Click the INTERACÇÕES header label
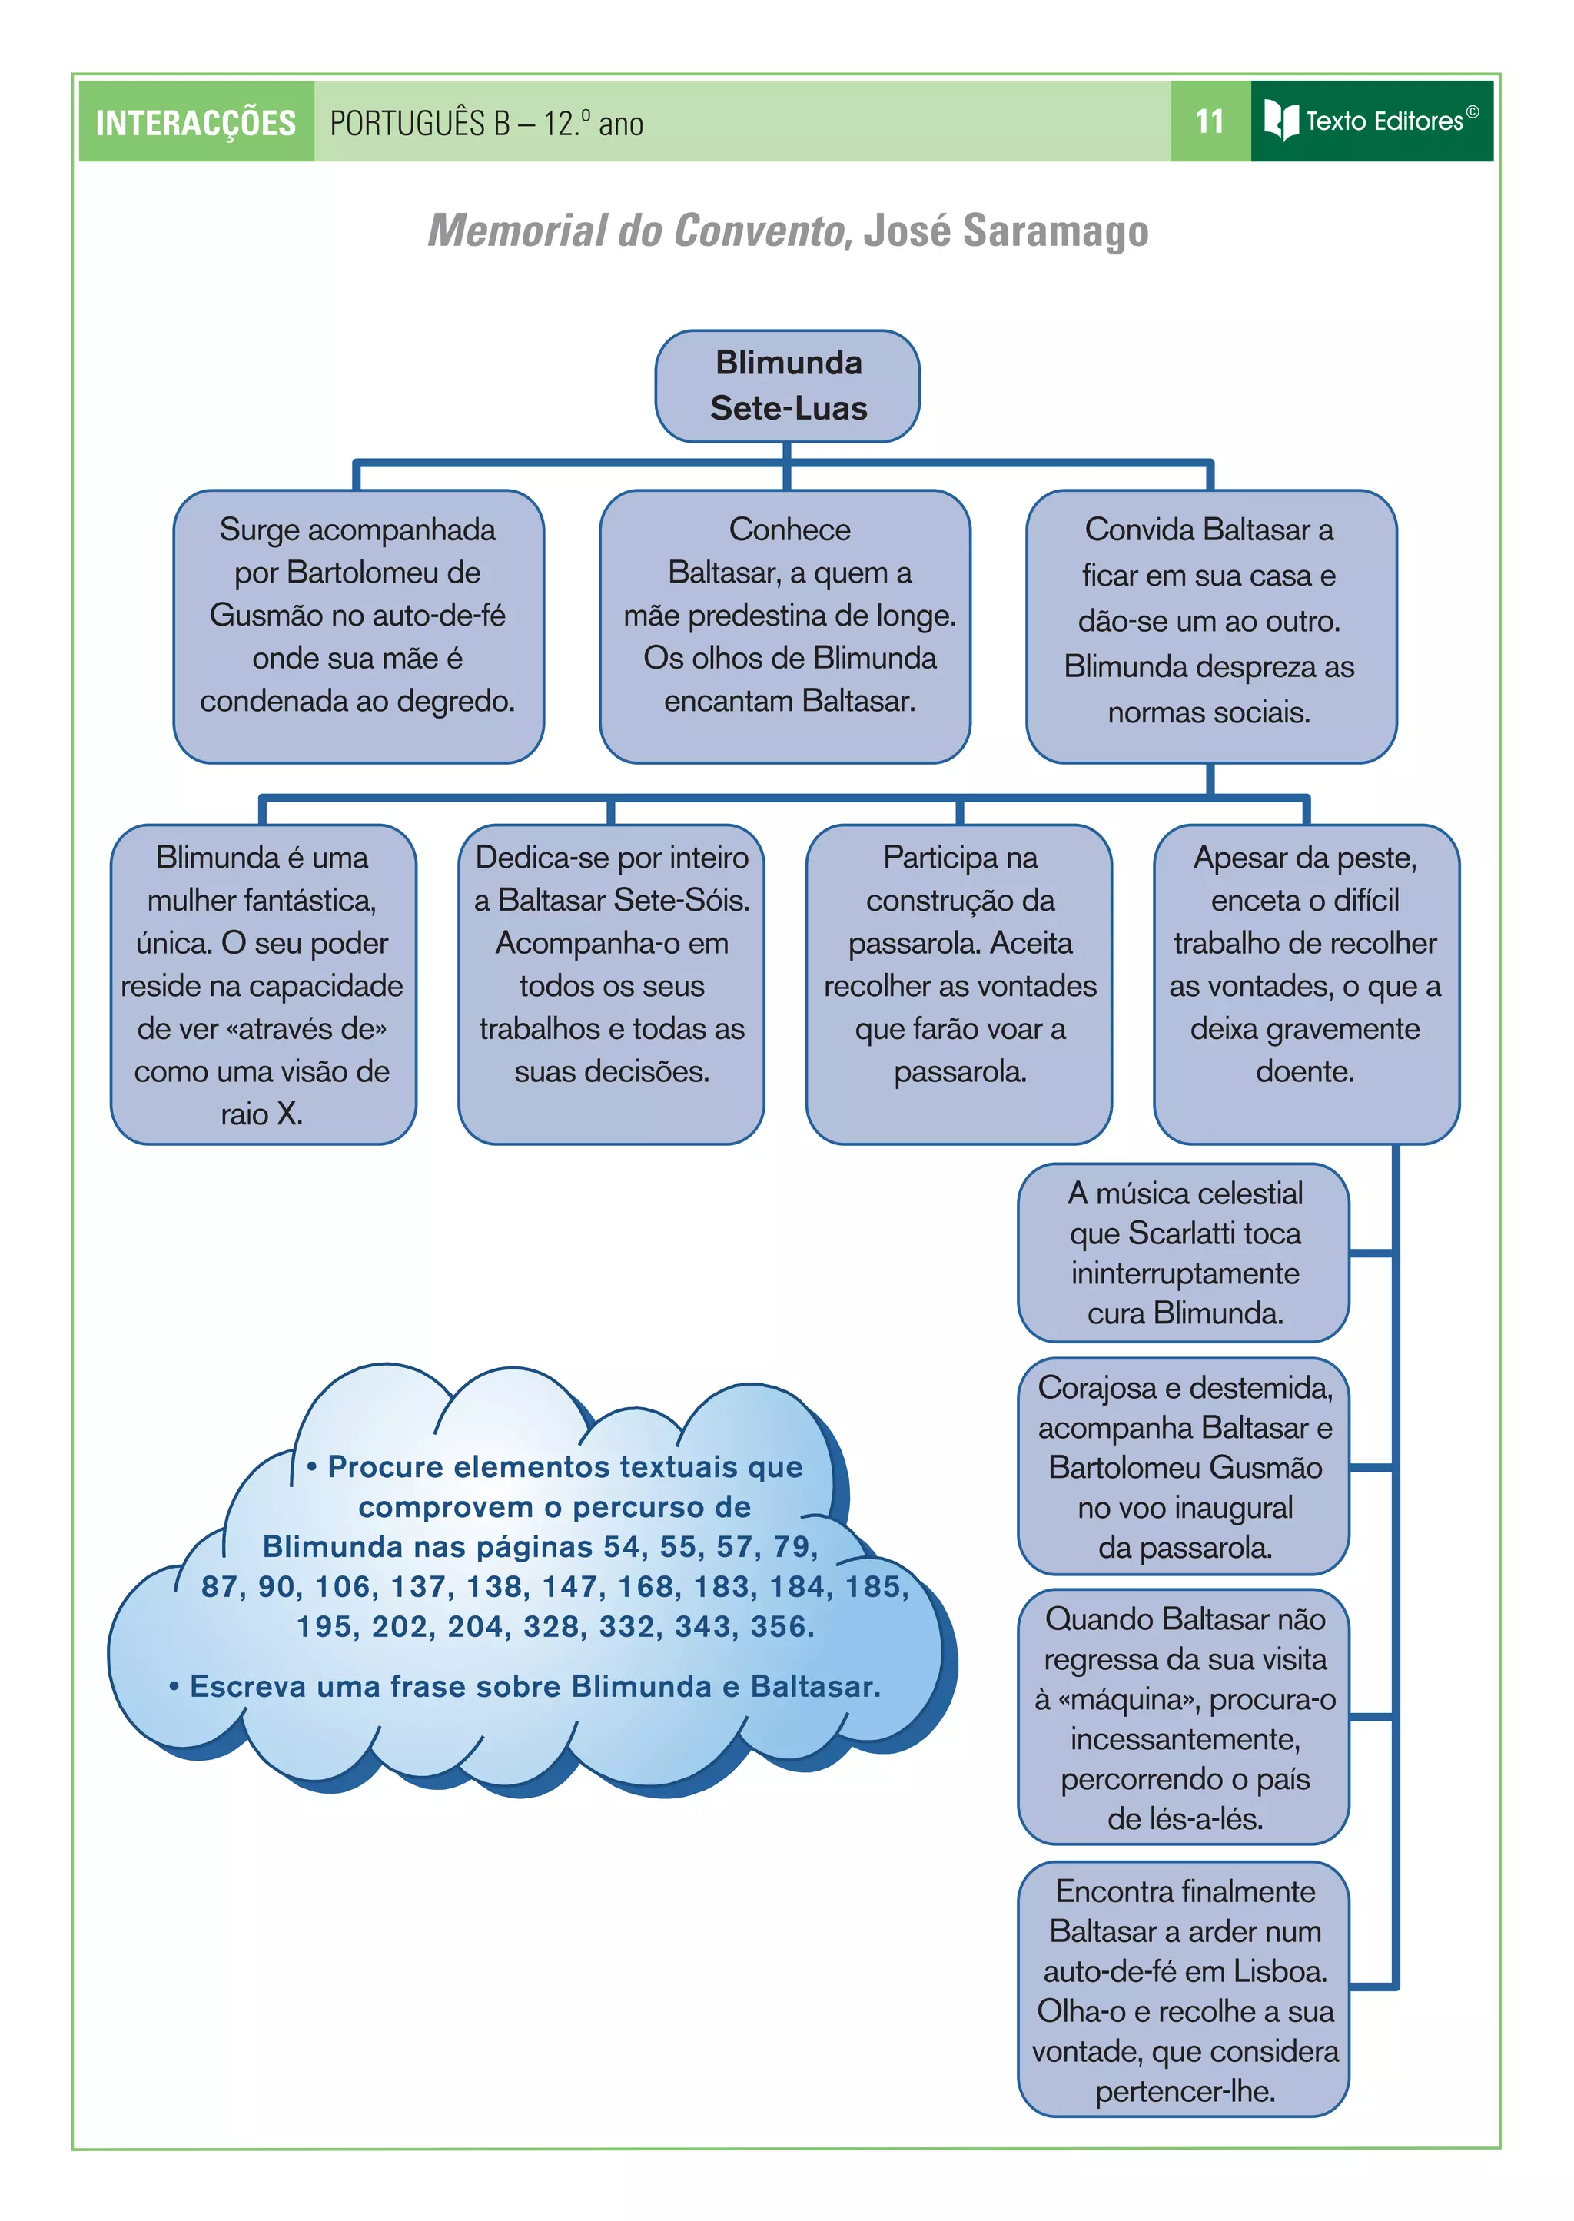tap(196, 123)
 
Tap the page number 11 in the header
tap(1209, 121)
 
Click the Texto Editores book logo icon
tap(1280, 120)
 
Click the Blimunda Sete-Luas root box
tap(787, 386)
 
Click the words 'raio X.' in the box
tap(261, 1114)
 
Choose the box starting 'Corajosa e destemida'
tap(1184, 1466)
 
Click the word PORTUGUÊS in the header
tap(420, 124)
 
